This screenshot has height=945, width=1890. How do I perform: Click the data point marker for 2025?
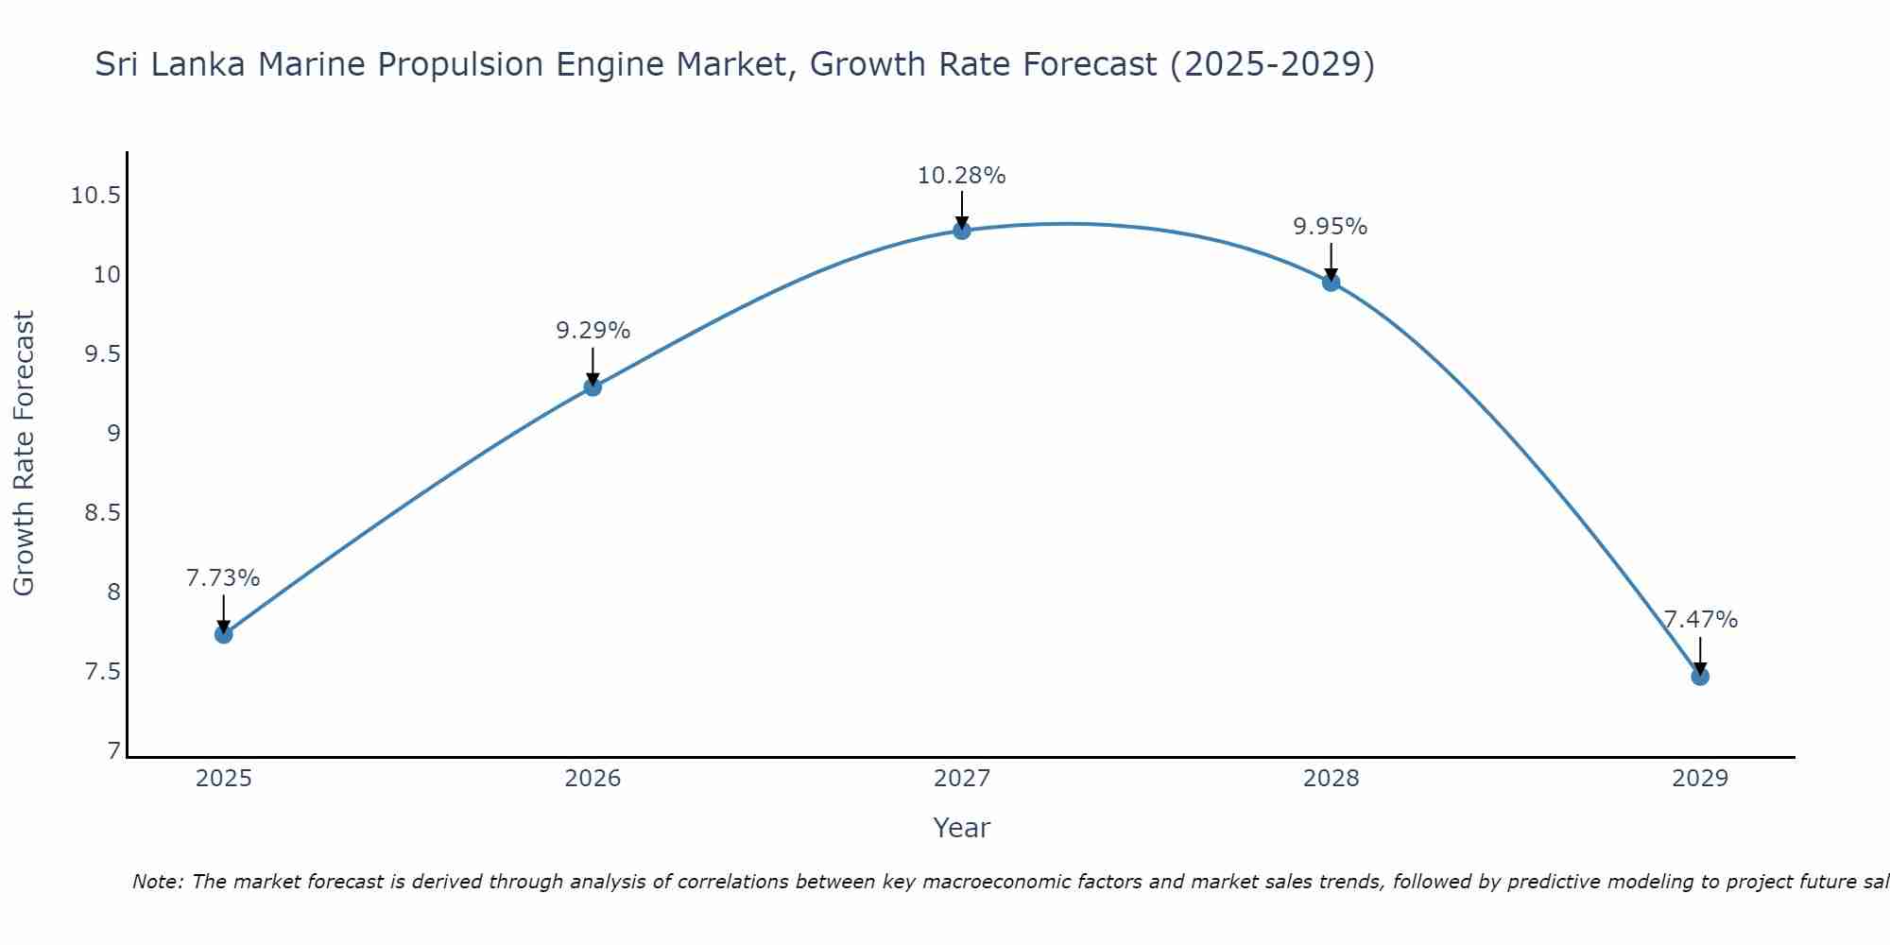click(223, 634)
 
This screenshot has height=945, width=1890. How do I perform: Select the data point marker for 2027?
click(961, 230)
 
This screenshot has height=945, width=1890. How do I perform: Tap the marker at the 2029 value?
click(1699, 676)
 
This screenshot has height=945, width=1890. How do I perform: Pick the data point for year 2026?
click(593, 387)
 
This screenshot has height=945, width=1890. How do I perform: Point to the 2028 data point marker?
click(1331, 282)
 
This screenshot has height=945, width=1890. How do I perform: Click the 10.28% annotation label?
click(961, 176)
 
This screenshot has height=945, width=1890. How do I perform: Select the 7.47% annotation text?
click(1699, 620)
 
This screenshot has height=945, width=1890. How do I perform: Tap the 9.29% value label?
click(593, 331)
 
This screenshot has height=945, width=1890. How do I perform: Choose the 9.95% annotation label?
click(1330, 227)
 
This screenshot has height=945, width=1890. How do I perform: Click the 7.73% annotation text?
click(223, 578)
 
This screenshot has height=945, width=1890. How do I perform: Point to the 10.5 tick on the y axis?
click(95, 197)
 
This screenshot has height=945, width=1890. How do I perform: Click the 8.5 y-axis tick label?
click(102, 513)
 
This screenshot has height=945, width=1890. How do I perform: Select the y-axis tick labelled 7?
click(114, 751)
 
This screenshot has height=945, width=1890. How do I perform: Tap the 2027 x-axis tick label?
click(961, 779)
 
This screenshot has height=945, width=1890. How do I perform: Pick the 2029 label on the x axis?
click(1699, 779)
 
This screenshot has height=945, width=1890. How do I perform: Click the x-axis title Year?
click(961, 828)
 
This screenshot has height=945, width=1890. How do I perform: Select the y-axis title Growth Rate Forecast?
click(25, 453)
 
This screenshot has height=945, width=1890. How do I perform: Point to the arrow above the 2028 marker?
click(1331, 260)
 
